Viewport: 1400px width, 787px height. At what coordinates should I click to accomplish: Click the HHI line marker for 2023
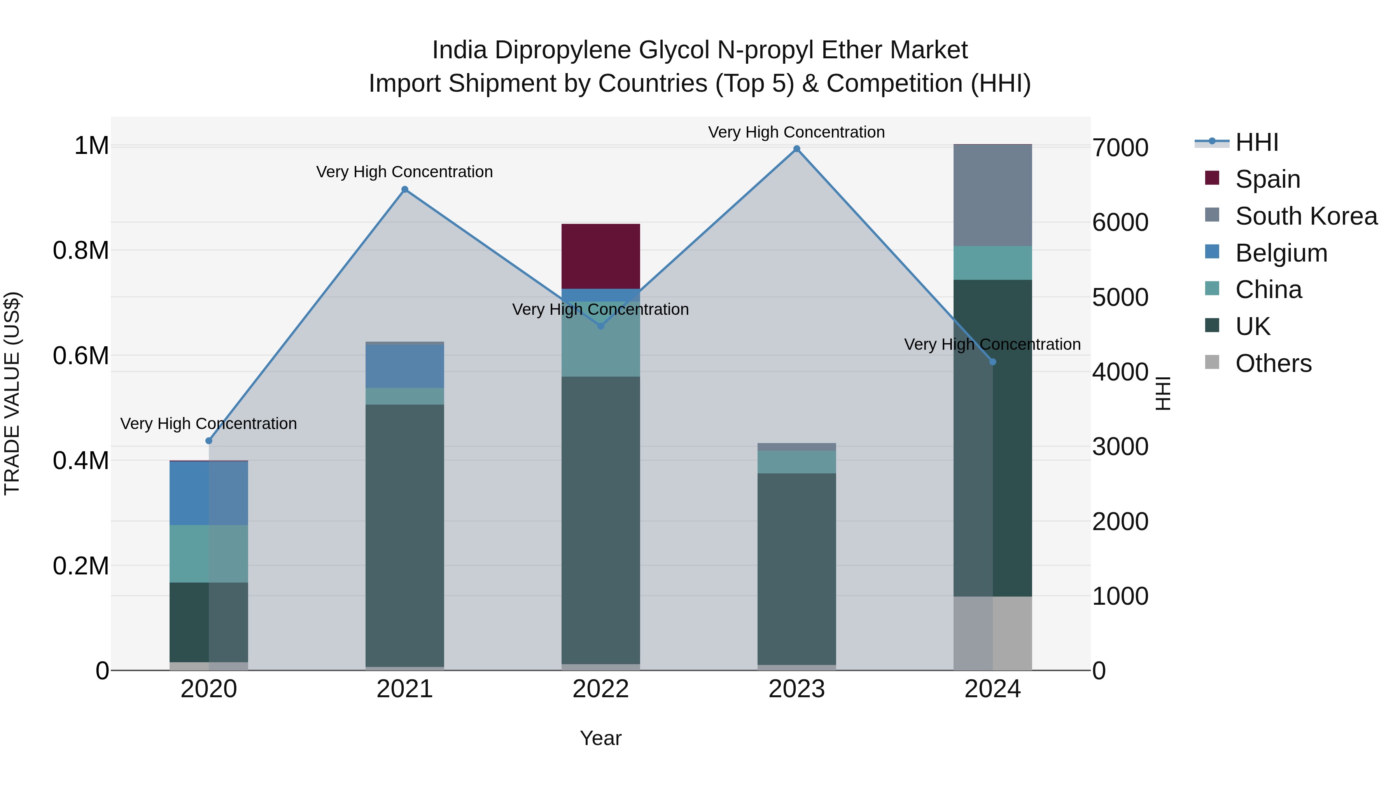click(x=797, y=149)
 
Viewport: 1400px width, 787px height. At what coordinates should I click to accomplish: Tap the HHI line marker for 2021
click(x=405, y=190)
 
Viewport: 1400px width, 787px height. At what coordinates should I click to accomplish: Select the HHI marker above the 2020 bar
click(x=209, y=440)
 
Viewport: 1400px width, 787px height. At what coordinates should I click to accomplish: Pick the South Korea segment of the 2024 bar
click(x=992, y=195)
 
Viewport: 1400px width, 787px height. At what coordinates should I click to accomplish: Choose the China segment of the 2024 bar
click(x=992, y=263)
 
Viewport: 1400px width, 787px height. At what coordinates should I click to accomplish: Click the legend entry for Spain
click(x=1267, y=179)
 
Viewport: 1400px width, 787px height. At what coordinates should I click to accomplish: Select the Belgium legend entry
click(x=1281, y=253)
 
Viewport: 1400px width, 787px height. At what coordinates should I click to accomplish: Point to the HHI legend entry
click(x=1256, y=142)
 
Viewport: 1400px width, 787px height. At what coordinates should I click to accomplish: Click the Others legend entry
click(x=1273, y=363)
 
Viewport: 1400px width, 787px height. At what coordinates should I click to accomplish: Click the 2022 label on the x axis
click(x=600, y=689)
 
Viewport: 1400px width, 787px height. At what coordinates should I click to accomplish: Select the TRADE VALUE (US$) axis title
click(x=12, y=393)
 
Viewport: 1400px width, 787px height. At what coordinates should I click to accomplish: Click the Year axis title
click(x=600, y=738)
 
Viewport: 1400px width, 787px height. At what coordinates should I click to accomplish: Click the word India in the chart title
click(x=459, y=50)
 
